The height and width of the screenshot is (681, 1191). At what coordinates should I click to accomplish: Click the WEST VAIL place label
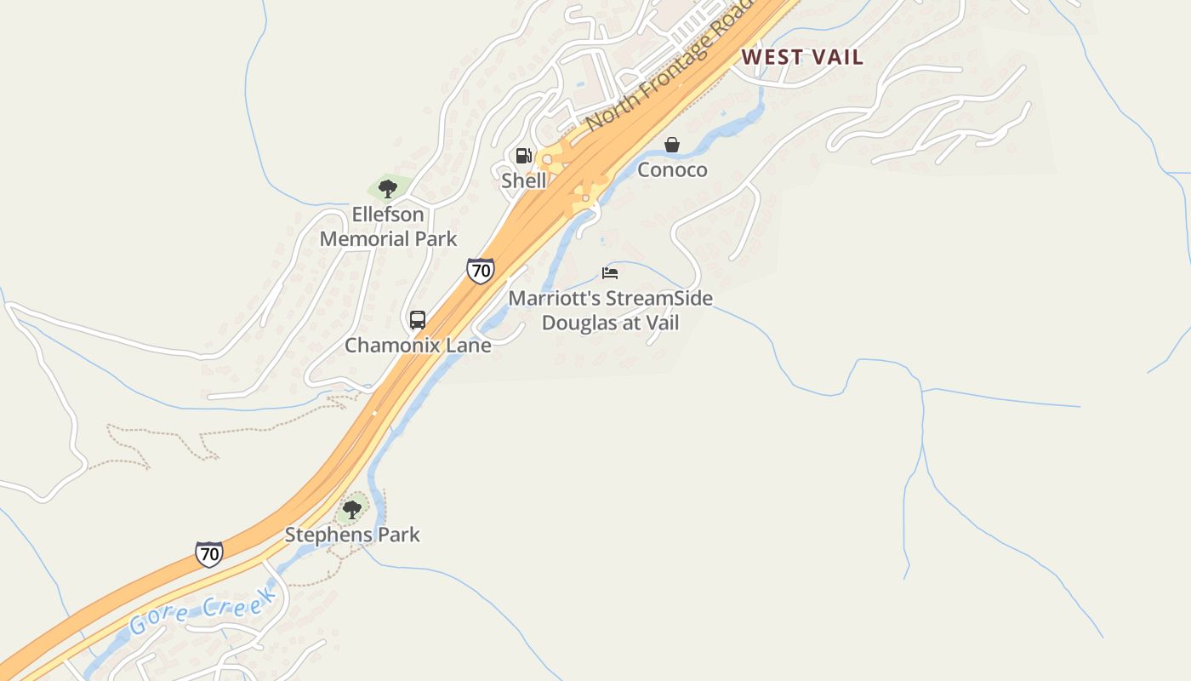tap(802, 57)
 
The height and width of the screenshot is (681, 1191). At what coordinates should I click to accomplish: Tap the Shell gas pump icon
tap(523, 156)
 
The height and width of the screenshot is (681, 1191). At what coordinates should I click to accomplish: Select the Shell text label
tap(523, 180)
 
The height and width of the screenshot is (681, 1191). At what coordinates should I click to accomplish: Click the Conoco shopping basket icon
tap(672, 145)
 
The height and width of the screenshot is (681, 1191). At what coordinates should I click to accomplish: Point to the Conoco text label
tap(672, 169)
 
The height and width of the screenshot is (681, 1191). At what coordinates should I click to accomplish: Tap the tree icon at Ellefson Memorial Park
tap(388, 188)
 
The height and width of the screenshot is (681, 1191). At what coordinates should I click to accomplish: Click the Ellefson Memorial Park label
tap(388, 226)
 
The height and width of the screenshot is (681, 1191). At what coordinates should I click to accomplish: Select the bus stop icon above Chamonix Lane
tap(417, 320)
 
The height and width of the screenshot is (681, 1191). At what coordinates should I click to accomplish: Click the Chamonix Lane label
tap(418, 345)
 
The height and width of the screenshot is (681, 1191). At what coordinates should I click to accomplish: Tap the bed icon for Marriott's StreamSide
tap(610, 273)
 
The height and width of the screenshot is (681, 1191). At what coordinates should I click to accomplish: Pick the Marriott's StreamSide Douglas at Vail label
tap(610, 311)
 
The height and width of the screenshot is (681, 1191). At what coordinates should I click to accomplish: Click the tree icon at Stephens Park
tap(351, 510)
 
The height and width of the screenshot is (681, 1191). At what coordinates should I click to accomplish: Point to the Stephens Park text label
tap(352, 535)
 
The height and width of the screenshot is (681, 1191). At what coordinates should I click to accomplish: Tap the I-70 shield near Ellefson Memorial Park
tap(481, 271)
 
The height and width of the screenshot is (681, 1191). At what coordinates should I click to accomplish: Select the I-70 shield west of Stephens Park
tap(209, 554)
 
